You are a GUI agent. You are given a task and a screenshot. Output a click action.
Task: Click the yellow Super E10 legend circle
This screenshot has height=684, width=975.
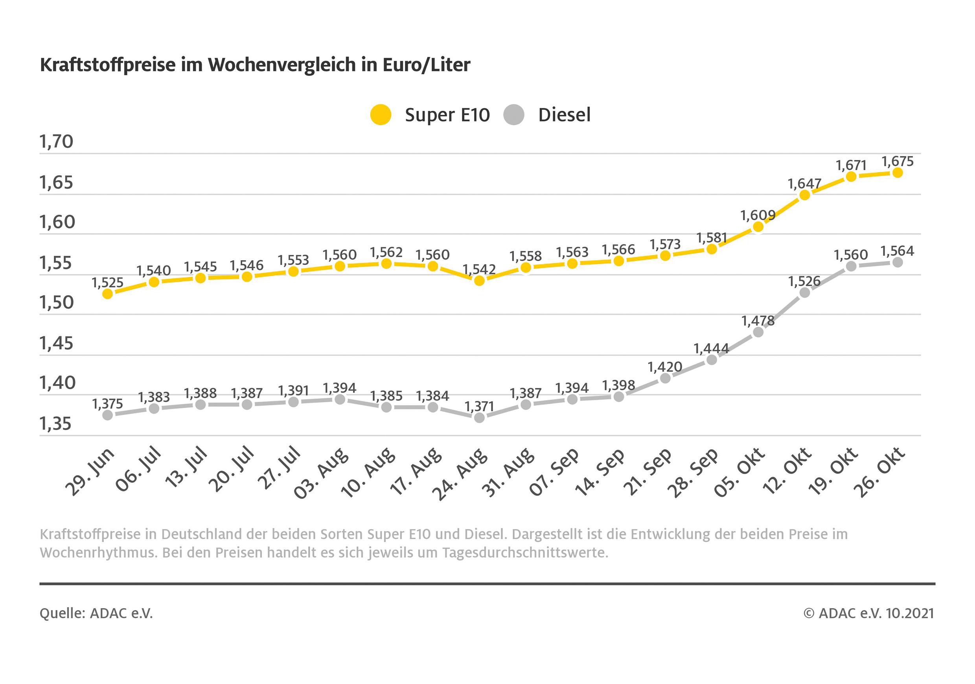point(380,115)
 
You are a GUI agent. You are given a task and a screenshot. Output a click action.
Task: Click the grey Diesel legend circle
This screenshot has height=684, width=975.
point(513,115)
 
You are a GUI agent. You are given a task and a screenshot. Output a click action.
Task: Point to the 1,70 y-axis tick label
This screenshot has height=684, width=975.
point(56,142)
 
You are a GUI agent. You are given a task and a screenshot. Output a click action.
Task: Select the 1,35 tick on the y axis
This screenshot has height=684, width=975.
point(56,424)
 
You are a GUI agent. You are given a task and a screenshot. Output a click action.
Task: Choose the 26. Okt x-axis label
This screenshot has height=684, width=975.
point(879,472)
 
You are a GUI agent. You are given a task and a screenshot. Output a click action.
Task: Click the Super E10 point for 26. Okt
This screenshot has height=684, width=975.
point(897,173)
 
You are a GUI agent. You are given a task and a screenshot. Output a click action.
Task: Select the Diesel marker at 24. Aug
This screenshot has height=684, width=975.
point(479,418)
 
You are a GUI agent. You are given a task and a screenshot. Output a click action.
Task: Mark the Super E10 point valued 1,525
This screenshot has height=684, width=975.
point(107,293)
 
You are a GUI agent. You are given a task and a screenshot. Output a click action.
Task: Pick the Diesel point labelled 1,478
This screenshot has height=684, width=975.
point(758,332)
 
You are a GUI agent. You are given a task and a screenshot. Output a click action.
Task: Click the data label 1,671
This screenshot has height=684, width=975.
point(851,165)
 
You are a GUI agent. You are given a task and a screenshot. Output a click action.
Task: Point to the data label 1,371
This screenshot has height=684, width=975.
point(479,406)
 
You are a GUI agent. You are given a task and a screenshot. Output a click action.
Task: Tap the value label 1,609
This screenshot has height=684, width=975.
point(758,215)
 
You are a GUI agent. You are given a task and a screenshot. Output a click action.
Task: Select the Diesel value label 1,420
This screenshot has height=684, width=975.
point(664,366)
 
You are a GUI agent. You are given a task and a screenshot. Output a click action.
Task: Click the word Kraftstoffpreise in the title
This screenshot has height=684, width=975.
point(107,65)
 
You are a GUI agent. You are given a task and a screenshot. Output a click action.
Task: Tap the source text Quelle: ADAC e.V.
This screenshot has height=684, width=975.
point(96,613)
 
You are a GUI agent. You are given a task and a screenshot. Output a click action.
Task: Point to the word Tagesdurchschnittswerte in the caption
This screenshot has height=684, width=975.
point(525,553)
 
